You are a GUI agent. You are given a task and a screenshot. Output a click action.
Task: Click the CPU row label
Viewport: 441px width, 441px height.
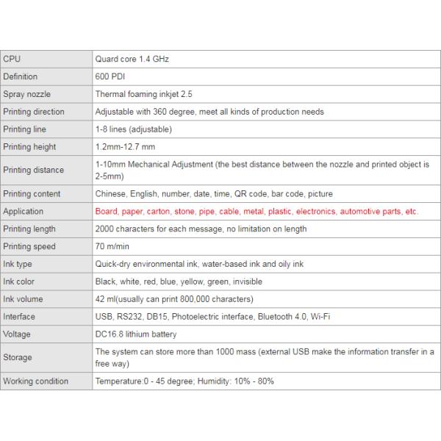[x=12, y=59]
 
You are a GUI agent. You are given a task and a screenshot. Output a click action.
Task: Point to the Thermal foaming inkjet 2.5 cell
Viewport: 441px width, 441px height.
[x=143, y=94]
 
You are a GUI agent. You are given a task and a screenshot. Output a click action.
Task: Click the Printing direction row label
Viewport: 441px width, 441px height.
[x=34, y=112]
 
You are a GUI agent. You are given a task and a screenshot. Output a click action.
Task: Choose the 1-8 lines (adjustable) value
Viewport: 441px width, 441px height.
[x=133, y=129]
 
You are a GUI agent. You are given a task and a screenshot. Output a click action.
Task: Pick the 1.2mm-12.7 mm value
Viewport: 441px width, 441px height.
[x=125, y=147]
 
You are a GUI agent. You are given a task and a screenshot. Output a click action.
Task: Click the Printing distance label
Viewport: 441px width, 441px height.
[x=34, y=170]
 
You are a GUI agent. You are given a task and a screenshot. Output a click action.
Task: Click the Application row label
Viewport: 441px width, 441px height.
[x=24, y=212]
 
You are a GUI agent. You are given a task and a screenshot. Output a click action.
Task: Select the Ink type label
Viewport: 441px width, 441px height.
[x=18, y=264]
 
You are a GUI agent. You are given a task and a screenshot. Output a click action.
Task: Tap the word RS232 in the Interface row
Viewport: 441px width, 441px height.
[x=129, y=317]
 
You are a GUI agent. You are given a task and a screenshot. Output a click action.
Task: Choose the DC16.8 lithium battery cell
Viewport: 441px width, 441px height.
[x=136, y=334]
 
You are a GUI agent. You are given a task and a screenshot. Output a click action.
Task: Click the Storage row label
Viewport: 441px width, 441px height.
[x=18, y=357]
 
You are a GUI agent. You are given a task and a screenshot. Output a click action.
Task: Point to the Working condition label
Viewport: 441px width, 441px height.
[x=36, y=381]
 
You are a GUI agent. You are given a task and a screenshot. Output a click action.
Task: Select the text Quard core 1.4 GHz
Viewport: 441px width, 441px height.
[x=132, y=59]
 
